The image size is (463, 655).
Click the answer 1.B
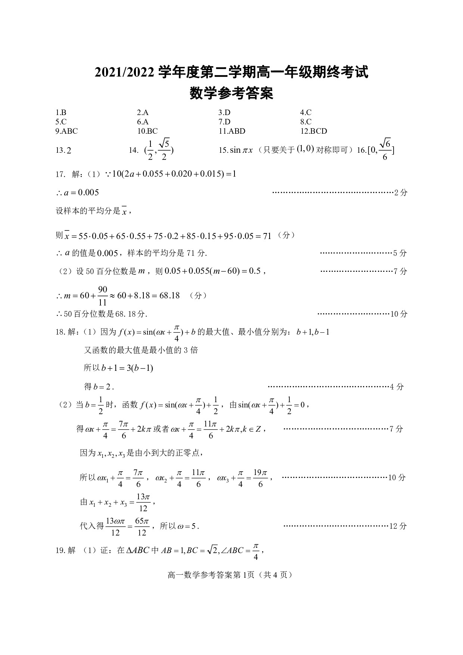[x=61, y=112]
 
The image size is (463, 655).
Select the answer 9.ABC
[x=66, y=131]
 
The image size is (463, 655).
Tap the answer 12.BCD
[x=313, y=131]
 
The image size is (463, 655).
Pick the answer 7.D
[x=224, y=122]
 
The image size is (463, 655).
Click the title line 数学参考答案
[x=232, y=93]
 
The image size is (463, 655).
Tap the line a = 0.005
[x=77, y=193]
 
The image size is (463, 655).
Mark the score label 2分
[x=401, y=193]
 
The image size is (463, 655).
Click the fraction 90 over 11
[x=103, y=296]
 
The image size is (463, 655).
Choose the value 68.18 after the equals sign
[x=170, y=296]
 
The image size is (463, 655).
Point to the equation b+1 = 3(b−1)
[x=118, y=368]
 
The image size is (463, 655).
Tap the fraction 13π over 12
[x=143, y=503]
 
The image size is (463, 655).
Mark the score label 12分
[x=398, y=526]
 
